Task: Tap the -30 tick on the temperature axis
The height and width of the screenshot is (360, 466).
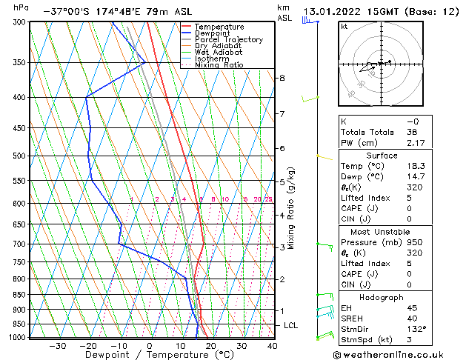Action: tap(57, 345)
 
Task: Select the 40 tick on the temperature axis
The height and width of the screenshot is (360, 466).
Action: tap(273, 345)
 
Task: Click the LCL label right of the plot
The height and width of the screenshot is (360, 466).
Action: tap(291, 325)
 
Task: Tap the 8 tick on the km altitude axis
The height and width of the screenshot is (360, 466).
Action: tap(282, 78)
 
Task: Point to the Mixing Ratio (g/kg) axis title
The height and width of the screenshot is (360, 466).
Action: tap(291, 208)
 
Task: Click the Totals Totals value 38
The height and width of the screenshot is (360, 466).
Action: tap(413, 131)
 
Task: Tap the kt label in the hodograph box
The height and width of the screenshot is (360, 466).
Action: tap(344, 26)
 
